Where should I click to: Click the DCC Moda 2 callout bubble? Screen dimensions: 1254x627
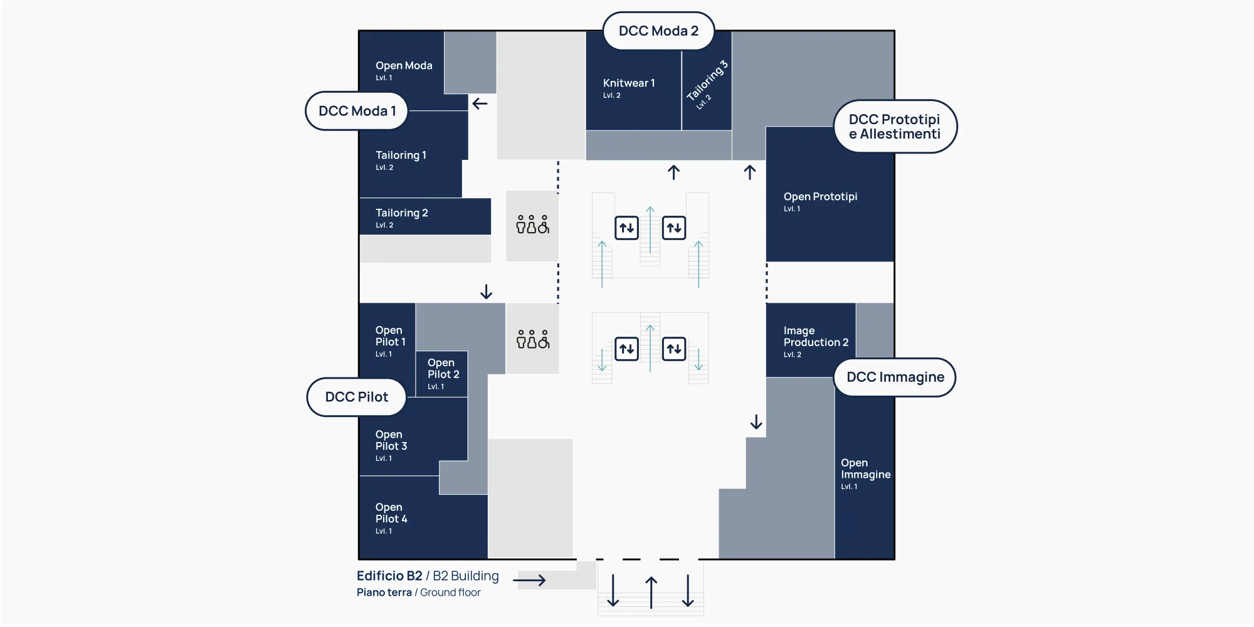click(x=658, y=31)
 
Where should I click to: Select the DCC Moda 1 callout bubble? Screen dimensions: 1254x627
click(x=357, y=111)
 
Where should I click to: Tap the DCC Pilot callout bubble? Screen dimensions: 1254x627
click(x=356, y=397)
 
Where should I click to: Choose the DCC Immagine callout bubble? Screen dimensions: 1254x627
click(x=895, y=377)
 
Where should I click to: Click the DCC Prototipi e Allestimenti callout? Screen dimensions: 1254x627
click(x=895, y=127)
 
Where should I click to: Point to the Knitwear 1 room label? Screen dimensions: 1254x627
click(x=629, y=83)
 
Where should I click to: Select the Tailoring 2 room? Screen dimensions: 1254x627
click(x=424, y=216)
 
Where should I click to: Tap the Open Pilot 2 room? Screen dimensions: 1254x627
click(x=441, y=374)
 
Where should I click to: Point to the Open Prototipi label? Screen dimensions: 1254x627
click(x=820, y=196)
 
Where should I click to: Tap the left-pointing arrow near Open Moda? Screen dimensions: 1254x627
click(x=480, y=103)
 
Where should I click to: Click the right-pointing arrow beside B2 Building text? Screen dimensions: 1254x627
click(x=529, y=581)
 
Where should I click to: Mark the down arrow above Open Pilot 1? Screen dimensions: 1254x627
click(x=486, y=292)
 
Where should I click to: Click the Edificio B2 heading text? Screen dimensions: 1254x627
click(x=389, y=576)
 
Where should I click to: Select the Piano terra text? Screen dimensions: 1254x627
click(x=384, y=593)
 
